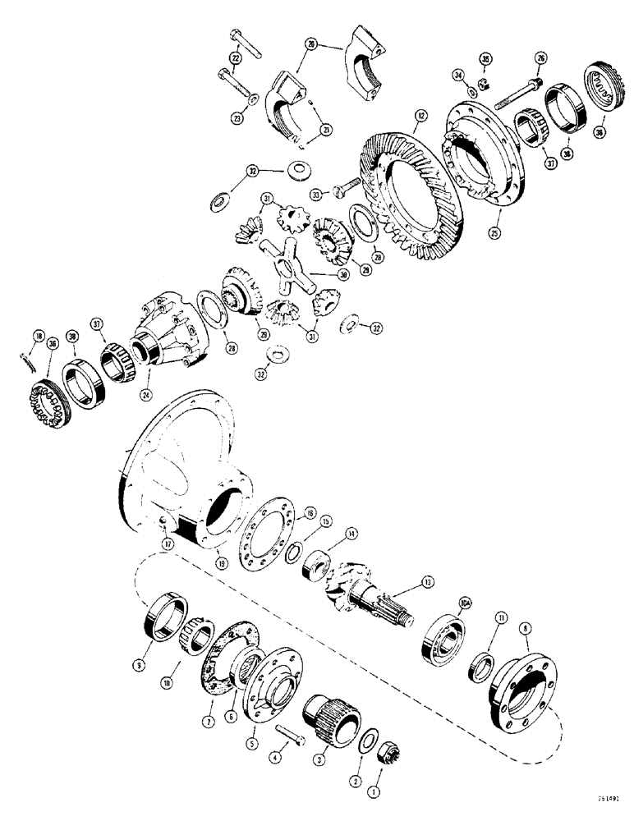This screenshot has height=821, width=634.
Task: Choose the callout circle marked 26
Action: pos(540,57)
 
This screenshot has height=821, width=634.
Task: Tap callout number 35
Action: pos(485,58)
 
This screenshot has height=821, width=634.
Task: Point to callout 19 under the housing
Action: pos(222,562)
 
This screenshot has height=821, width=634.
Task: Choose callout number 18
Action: pos(37,337)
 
